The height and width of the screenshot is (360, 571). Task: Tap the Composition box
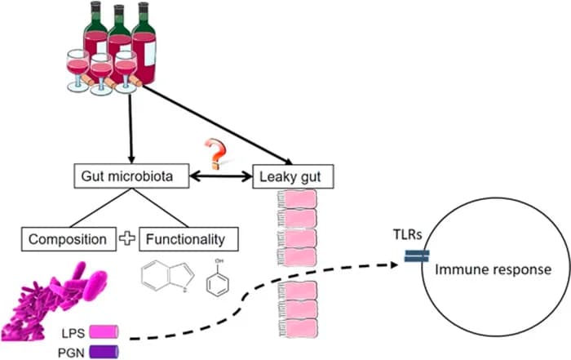[68, 239]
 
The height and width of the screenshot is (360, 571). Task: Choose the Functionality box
[193, 239]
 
